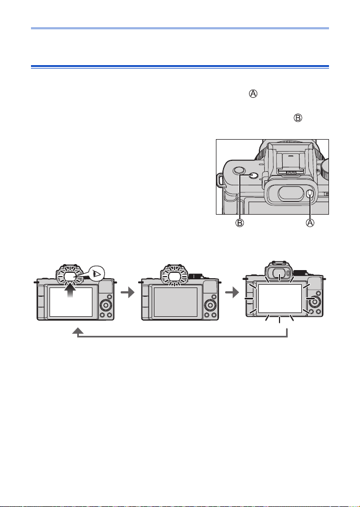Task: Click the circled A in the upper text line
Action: tap(253, 94)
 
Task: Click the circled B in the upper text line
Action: tap(297, 118)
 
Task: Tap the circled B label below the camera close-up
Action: tap(239, 223)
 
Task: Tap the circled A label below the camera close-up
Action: tap(310, 223)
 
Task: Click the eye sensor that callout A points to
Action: tap(309, 193)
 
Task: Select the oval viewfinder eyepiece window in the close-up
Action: tap(289, 193)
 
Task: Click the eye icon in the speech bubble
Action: tap(97, 274)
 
